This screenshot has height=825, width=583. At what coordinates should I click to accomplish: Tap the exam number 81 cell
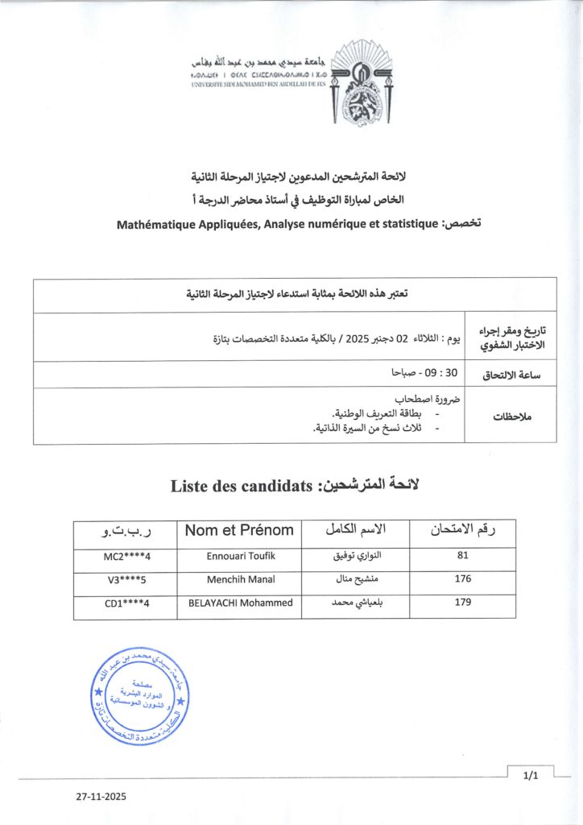[463, 555]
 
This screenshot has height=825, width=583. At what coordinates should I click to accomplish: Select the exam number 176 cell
[463, 578]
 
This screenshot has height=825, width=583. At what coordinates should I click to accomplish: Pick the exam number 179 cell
[463, 602]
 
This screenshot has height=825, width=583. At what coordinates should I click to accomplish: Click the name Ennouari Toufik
[239, 555]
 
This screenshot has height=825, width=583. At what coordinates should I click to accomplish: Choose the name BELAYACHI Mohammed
[239, 602]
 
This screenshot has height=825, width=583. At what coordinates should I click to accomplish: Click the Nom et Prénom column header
[239, 530]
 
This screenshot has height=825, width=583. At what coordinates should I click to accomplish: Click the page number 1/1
[529, 776]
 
